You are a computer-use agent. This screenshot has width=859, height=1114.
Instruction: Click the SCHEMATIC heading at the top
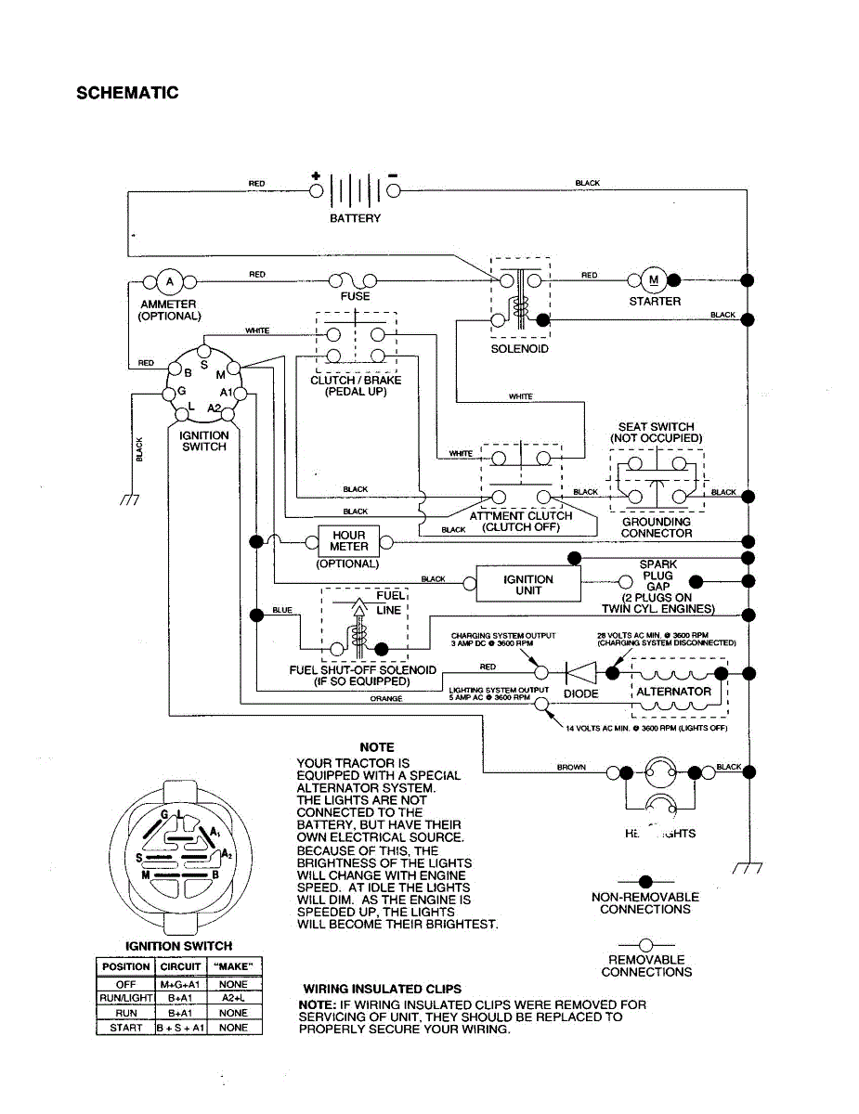(127, 93)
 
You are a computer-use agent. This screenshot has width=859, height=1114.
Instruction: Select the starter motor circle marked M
(653, 279)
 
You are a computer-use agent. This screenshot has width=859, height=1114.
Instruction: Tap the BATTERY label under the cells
(355, 219)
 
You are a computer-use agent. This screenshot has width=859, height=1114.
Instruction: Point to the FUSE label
(355, 296)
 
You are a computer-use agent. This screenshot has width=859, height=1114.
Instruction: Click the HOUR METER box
(348, 541)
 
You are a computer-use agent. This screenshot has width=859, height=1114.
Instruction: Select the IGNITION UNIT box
(528, 585)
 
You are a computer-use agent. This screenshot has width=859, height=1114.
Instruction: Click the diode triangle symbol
(582, 670)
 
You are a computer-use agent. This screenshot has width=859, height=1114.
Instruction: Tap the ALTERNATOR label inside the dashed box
(674, 692)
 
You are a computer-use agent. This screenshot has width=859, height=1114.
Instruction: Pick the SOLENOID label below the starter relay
(519, 349)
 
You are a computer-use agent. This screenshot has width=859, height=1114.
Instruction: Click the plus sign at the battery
(316, 175)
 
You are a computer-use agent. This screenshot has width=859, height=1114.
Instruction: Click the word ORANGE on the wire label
(386, 699)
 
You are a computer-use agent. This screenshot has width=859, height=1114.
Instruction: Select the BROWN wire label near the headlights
(571, 768)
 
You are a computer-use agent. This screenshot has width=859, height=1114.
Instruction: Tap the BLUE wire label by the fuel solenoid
(282, 610)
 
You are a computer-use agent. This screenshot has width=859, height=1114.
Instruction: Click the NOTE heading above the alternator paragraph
(377, 747)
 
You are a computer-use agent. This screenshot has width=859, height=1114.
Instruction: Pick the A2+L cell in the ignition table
(233, 998)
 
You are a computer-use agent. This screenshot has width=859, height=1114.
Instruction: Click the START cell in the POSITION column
(126, 1028)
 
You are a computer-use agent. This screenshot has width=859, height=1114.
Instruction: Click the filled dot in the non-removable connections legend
(644, 881)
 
